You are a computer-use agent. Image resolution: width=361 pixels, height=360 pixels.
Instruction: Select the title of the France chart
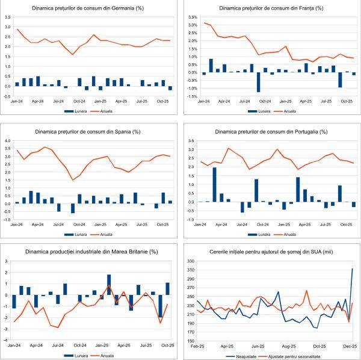tap(271, 8)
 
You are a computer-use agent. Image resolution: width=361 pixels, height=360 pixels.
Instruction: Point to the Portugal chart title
tap(271, 131)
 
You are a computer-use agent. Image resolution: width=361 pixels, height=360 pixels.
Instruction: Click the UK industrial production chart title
tap(90, 251)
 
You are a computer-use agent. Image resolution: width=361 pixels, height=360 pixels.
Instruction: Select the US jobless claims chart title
tap(271, 251)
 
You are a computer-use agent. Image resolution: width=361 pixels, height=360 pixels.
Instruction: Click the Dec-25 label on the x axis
tap(351, 347)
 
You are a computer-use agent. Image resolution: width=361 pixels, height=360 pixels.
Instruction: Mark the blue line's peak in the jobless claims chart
tap(352, 268)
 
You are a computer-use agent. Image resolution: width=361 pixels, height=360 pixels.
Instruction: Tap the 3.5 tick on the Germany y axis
tap(7, 17)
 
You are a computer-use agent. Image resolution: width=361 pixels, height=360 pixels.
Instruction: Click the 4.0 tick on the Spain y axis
tap(7, 141)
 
